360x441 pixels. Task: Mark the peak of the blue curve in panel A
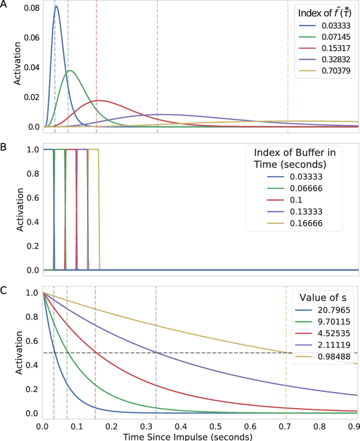(56, 7)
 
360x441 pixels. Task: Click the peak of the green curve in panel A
(69, 70)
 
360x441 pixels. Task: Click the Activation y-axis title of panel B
(17, 209)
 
